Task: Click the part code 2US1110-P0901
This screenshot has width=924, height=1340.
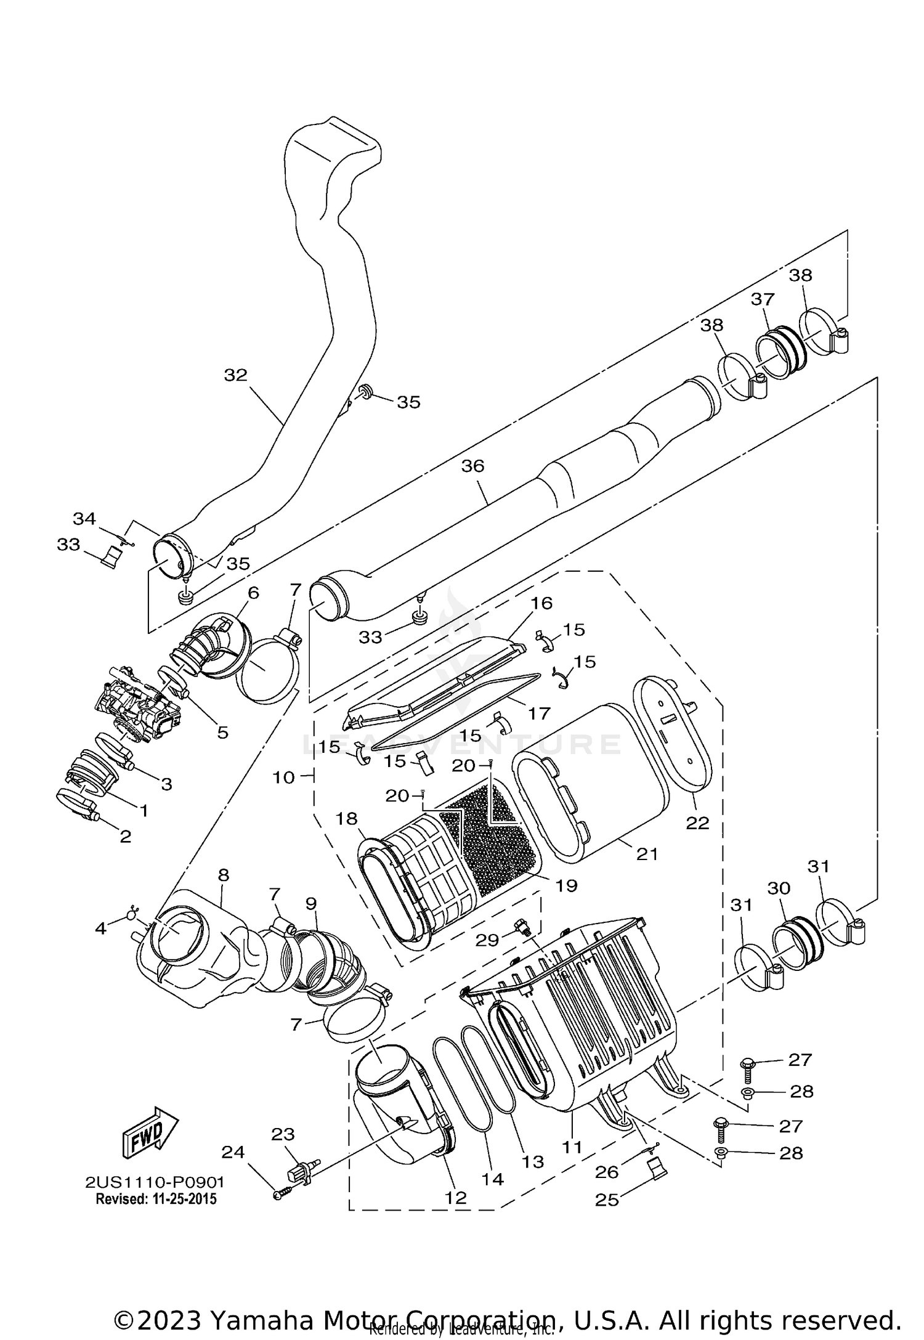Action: point(155,1182)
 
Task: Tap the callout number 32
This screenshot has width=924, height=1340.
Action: point(235,375)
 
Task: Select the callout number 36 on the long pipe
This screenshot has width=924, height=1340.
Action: point(473,466)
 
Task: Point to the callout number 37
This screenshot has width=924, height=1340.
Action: point(762,299)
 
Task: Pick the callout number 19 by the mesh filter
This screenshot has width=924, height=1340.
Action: point(566,885)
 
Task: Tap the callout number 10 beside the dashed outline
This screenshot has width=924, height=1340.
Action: point(284,778)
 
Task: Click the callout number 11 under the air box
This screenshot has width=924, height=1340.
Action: point(572,1147)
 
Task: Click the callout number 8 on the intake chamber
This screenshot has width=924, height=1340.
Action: point(223,874)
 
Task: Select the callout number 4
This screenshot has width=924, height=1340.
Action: point(100,927)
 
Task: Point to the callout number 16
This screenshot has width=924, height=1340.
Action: point(542,603)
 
